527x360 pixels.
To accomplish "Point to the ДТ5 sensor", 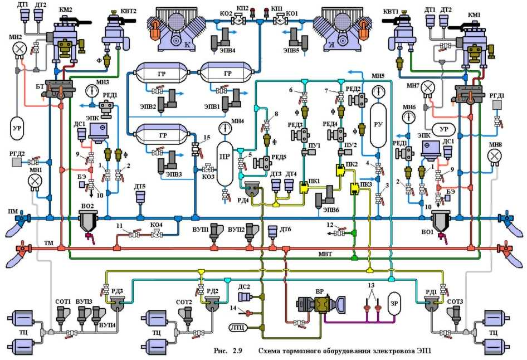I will tap(139, 198).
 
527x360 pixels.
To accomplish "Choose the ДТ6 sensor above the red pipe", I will tap(272, 231).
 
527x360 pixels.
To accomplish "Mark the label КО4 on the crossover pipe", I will tap(157, 225).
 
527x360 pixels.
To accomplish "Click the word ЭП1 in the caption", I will tap(423, 351).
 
